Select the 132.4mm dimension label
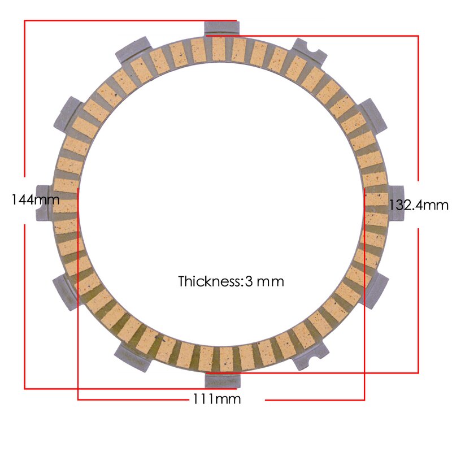coord(418,205)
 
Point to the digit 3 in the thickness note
coord(249,281)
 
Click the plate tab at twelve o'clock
coord(220,28)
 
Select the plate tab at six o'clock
coord(220,380)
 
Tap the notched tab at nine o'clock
coord(45,202)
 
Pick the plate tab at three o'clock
coord(395,202)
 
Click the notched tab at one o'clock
coord(309,50)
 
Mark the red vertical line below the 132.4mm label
coord(418,299)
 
